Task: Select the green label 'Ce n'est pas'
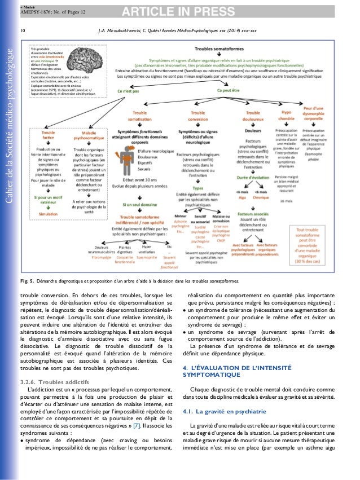point(138,90)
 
